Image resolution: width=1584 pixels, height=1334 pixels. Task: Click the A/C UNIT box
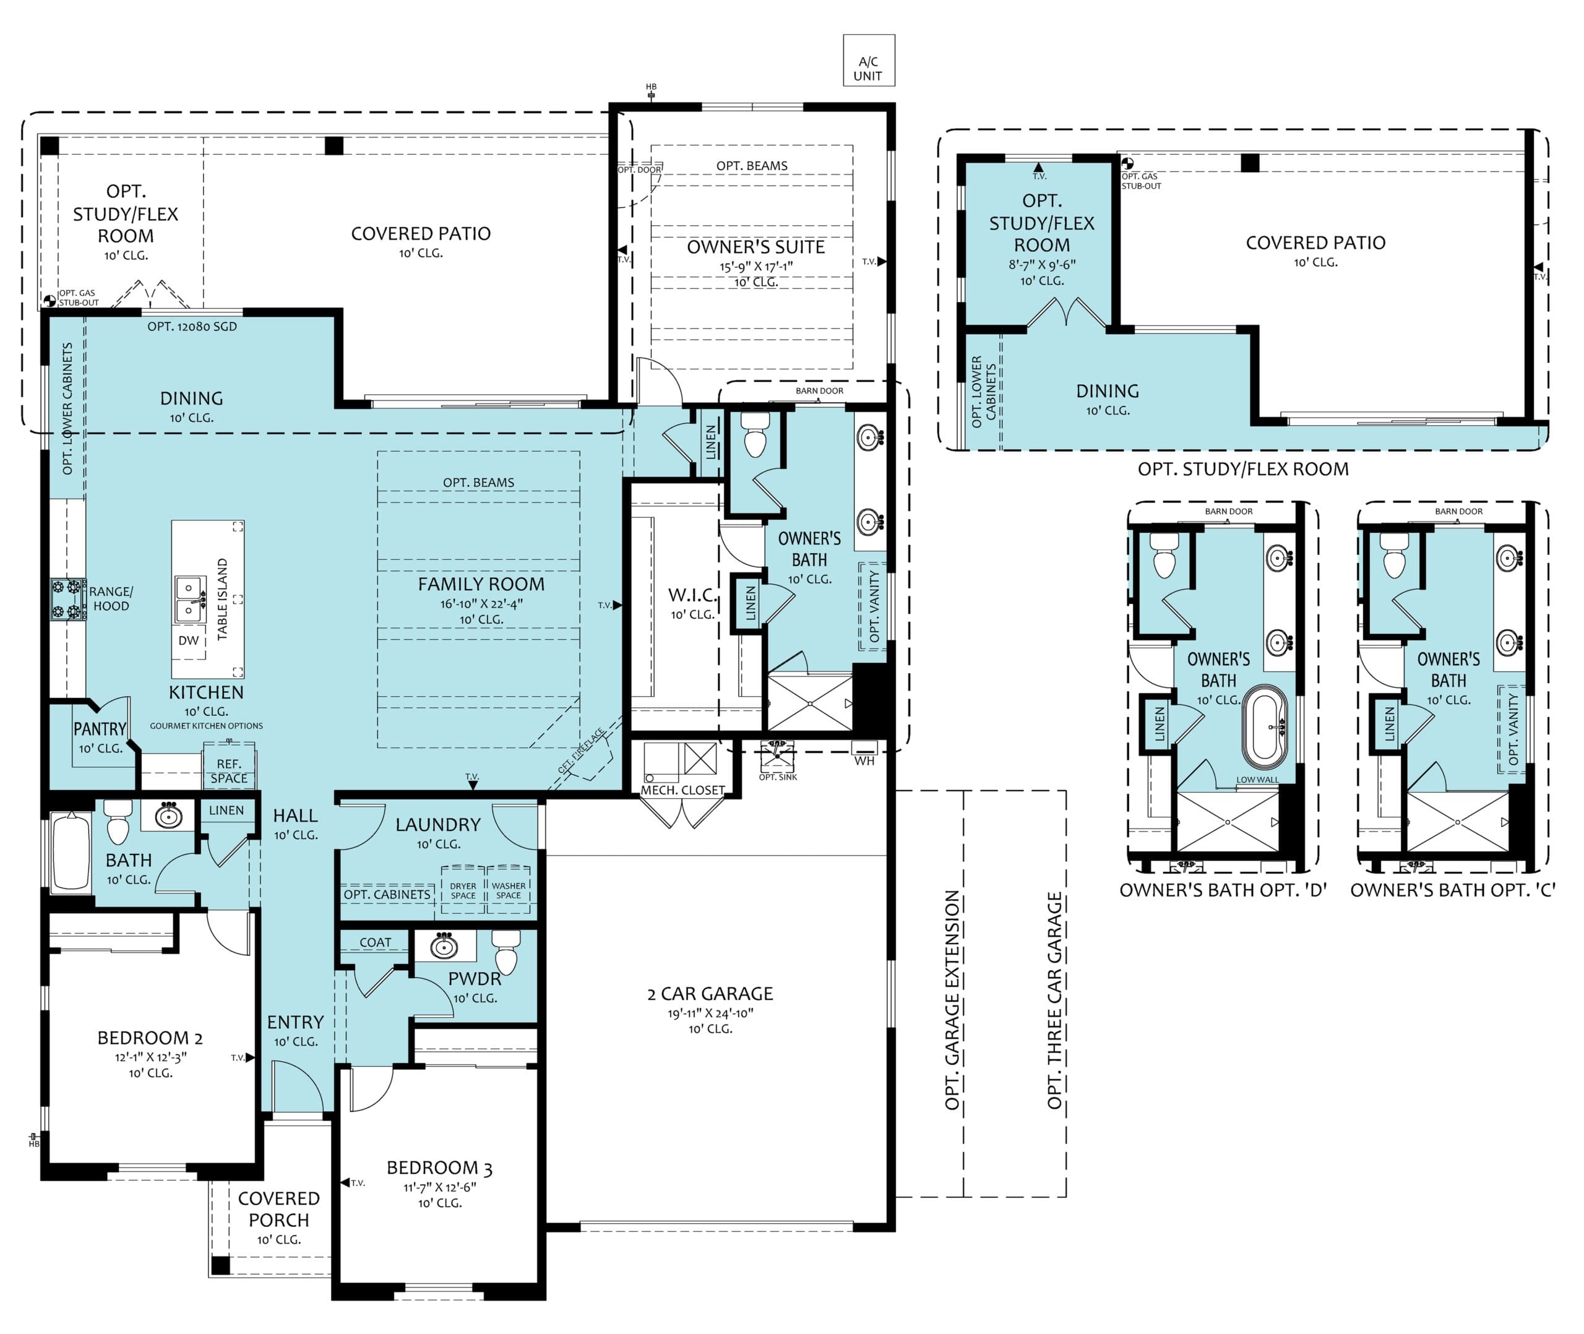869,61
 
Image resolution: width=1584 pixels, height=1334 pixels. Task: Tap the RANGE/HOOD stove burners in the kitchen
67,599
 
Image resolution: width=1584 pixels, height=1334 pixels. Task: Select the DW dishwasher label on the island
188,640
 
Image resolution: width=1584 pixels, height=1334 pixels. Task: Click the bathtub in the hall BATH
71,851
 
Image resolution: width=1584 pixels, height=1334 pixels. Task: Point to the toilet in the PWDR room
506,952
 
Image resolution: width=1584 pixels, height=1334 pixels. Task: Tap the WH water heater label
864,761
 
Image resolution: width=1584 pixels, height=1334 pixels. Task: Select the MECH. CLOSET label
682,790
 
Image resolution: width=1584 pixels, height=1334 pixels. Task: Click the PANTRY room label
100,729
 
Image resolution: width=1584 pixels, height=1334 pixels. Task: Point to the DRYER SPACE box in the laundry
463,890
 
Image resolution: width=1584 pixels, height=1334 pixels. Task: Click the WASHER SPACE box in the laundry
508,890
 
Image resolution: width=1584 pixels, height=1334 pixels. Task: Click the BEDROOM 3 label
439,1168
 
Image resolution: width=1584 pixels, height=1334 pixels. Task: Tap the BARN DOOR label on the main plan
820,391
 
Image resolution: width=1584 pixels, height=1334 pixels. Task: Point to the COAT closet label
376,942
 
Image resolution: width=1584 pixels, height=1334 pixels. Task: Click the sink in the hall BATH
168,815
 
